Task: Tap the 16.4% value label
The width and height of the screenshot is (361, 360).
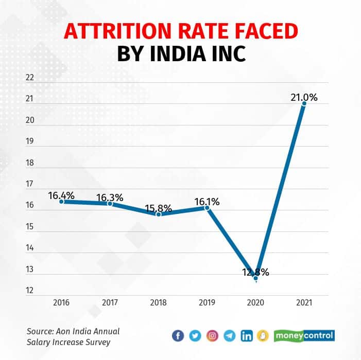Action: pyautogui.click(x=61, y=195)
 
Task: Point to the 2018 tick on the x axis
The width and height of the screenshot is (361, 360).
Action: pyautogui.click(x=159, y=303)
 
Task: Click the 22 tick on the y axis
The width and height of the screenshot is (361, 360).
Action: pyautogui.click(x=29, y=78)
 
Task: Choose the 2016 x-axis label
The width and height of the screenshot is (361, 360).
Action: pyautogui.click(x=61, y=303)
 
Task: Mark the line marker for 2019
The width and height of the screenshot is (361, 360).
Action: pyautogui.click(x=207, y=208)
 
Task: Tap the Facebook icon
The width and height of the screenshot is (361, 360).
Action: pyautogui.click(x=178, y=336)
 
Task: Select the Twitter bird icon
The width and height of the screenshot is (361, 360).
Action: pyautogui.click(x=195, y=336)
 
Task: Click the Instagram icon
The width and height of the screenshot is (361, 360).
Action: pyautogui.click(x=212, y=336)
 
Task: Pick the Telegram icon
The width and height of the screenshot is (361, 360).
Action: pyautogui.click(x=230, y=336)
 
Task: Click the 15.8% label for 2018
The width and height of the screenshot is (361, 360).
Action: pyautogui.click(x=159, y=208)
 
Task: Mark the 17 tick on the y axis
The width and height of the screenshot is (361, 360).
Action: pyautogui.click(x=29, y=184)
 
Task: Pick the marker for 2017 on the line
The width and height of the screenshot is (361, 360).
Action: pyautogui.click(x=110, y=204)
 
